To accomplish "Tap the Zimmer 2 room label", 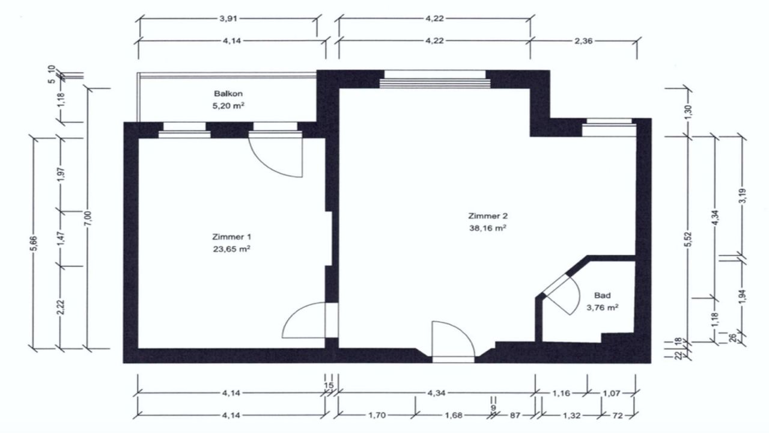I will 487,215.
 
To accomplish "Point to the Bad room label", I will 602,295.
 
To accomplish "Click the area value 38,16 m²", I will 487,228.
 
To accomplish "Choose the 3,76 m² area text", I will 602,307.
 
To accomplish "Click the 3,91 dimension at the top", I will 228,19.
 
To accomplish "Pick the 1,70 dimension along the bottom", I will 375,414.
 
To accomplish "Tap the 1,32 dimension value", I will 571,414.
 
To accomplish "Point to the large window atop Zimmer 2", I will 434,78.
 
